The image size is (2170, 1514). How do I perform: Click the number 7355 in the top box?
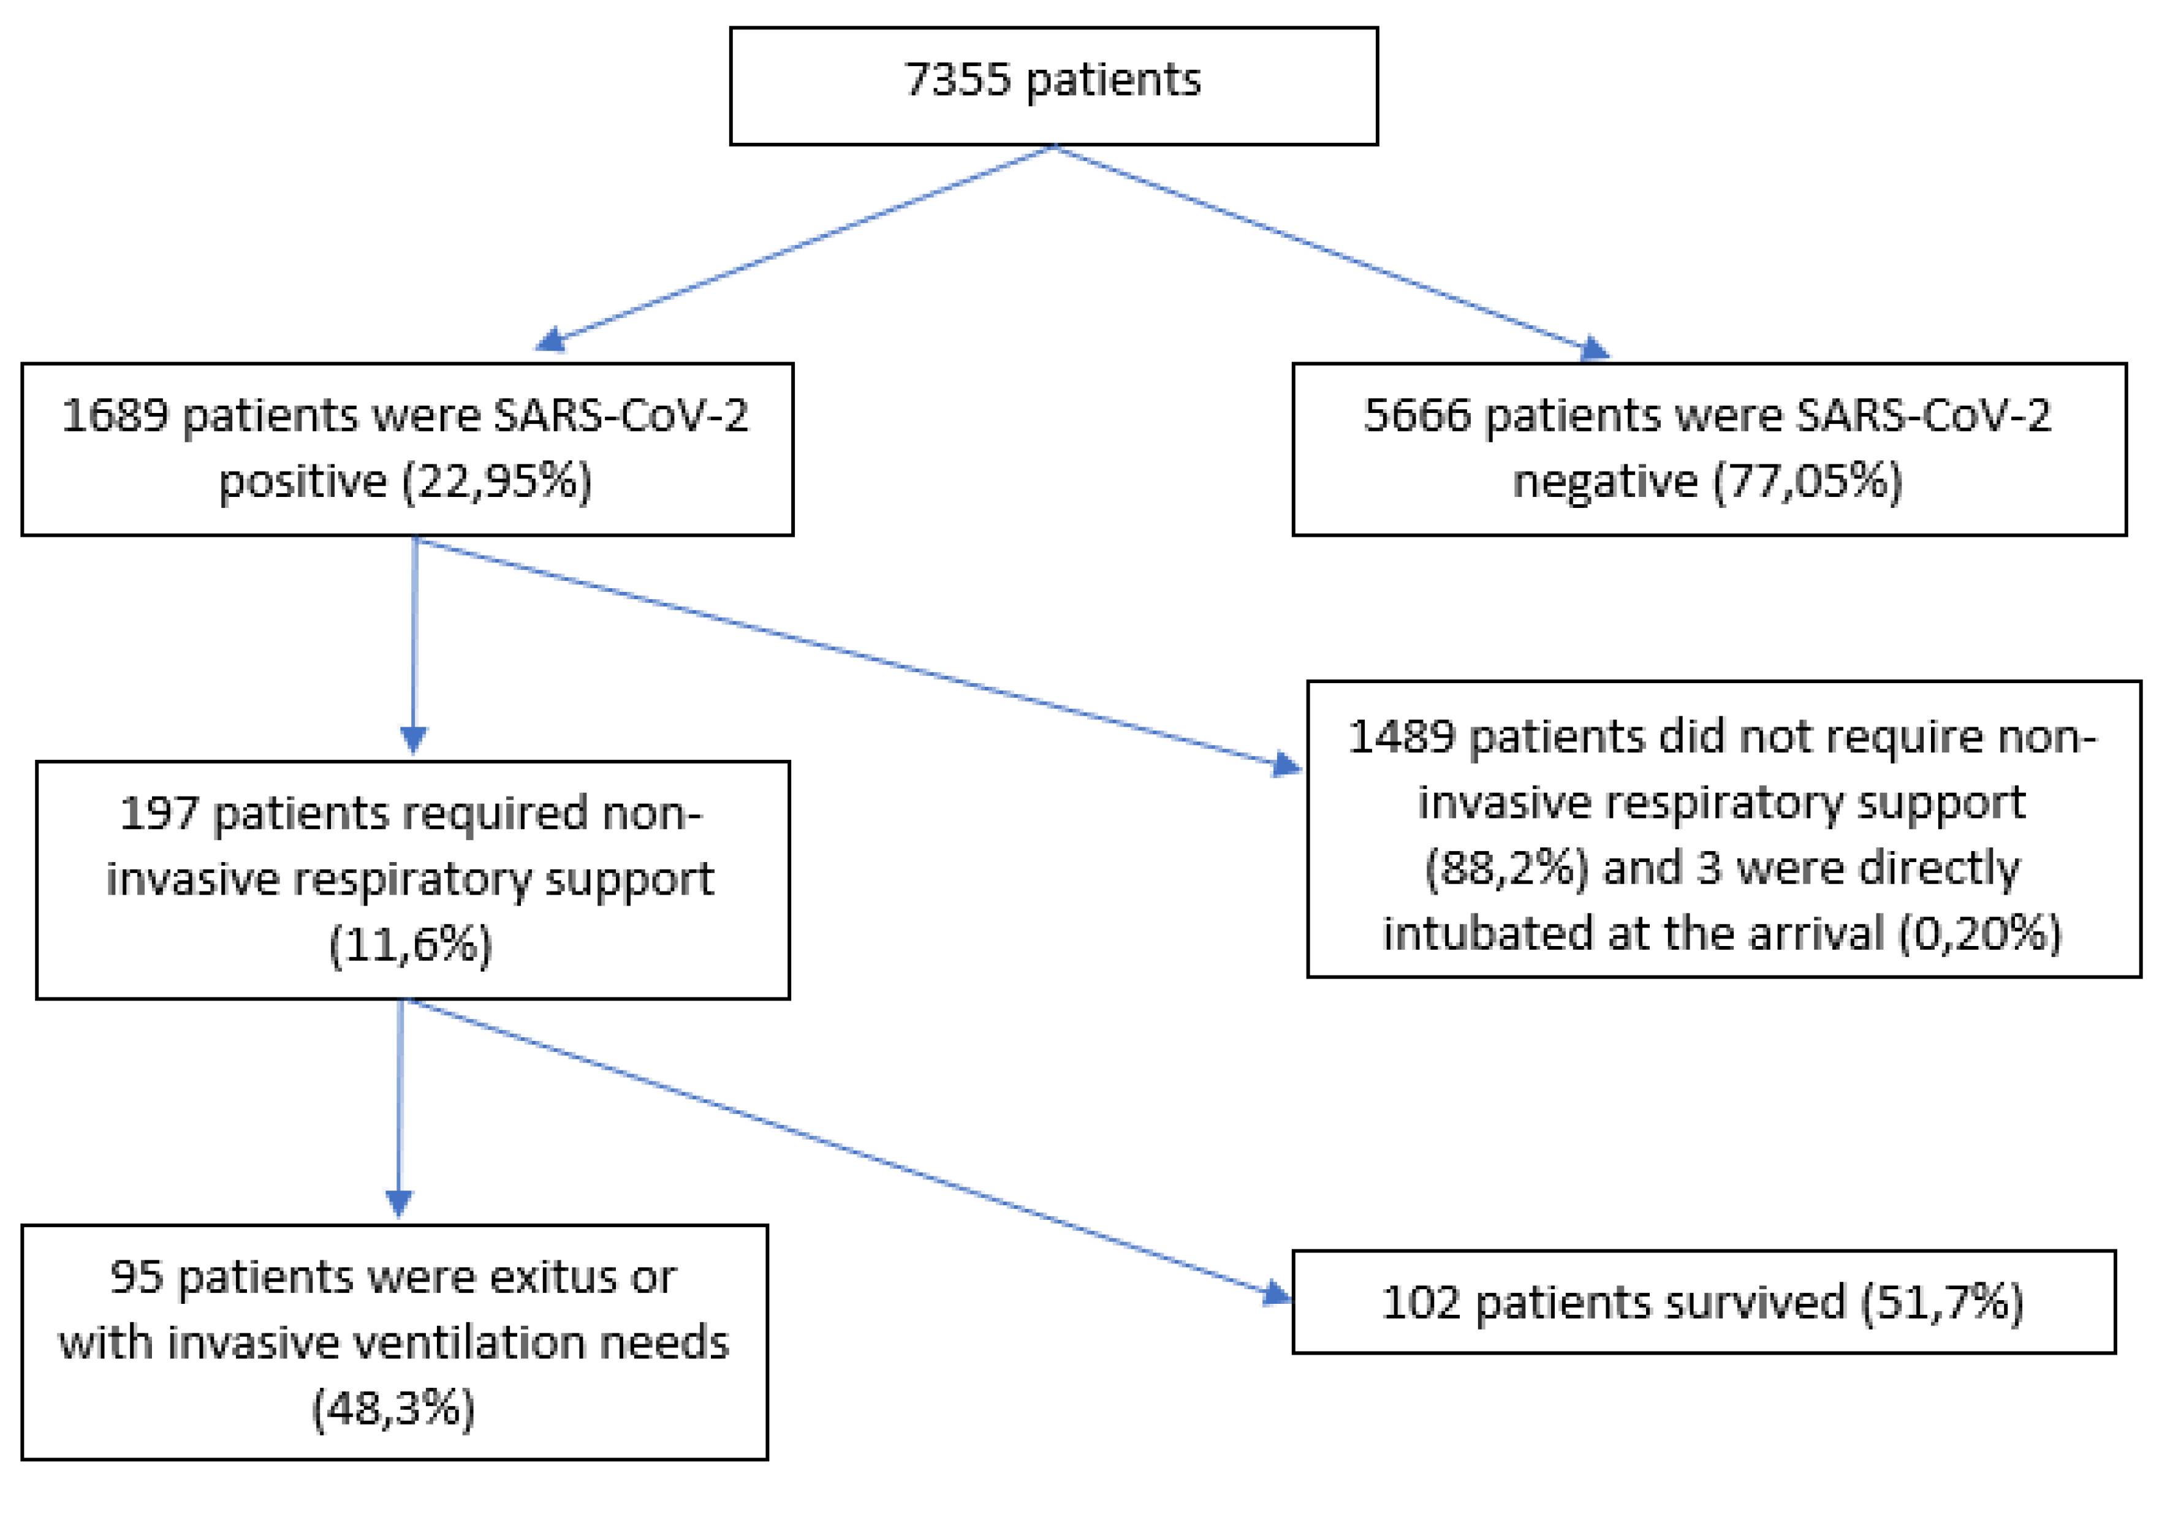(957, 80)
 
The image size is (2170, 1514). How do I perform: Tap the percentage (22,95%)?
(498, 481)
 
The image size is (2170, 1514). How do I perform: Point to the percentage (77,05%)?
(1807, 481)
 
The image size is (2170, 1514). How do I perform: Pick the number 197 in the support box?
(159, 814)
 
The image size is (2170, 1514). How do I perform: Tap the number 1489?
(1401, 737)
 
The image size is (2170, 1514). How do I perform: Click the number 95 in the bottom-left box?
(136, 1277)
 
